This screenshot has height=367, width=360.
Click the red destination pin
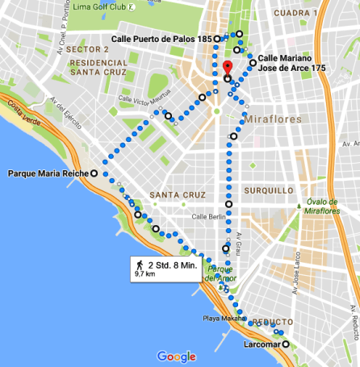point(228,68)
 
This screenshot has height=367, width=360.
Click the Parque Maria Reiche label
point(47,173)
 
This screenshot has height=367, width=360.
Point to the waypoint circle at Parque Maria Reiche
point(94,173)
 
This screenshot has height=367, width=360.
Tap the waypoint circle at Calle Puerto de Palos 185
point(217,38)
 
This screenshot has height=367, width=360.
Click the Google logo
point(177,356)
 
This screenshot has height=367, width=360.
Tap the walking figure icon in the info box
point(140,264)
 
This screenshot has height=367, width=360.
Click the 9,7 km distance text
point(145,274)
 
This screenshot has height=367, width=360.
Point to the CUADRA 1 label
point(295,14)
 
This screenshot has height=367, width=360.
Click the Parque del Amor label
point(220,273)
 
